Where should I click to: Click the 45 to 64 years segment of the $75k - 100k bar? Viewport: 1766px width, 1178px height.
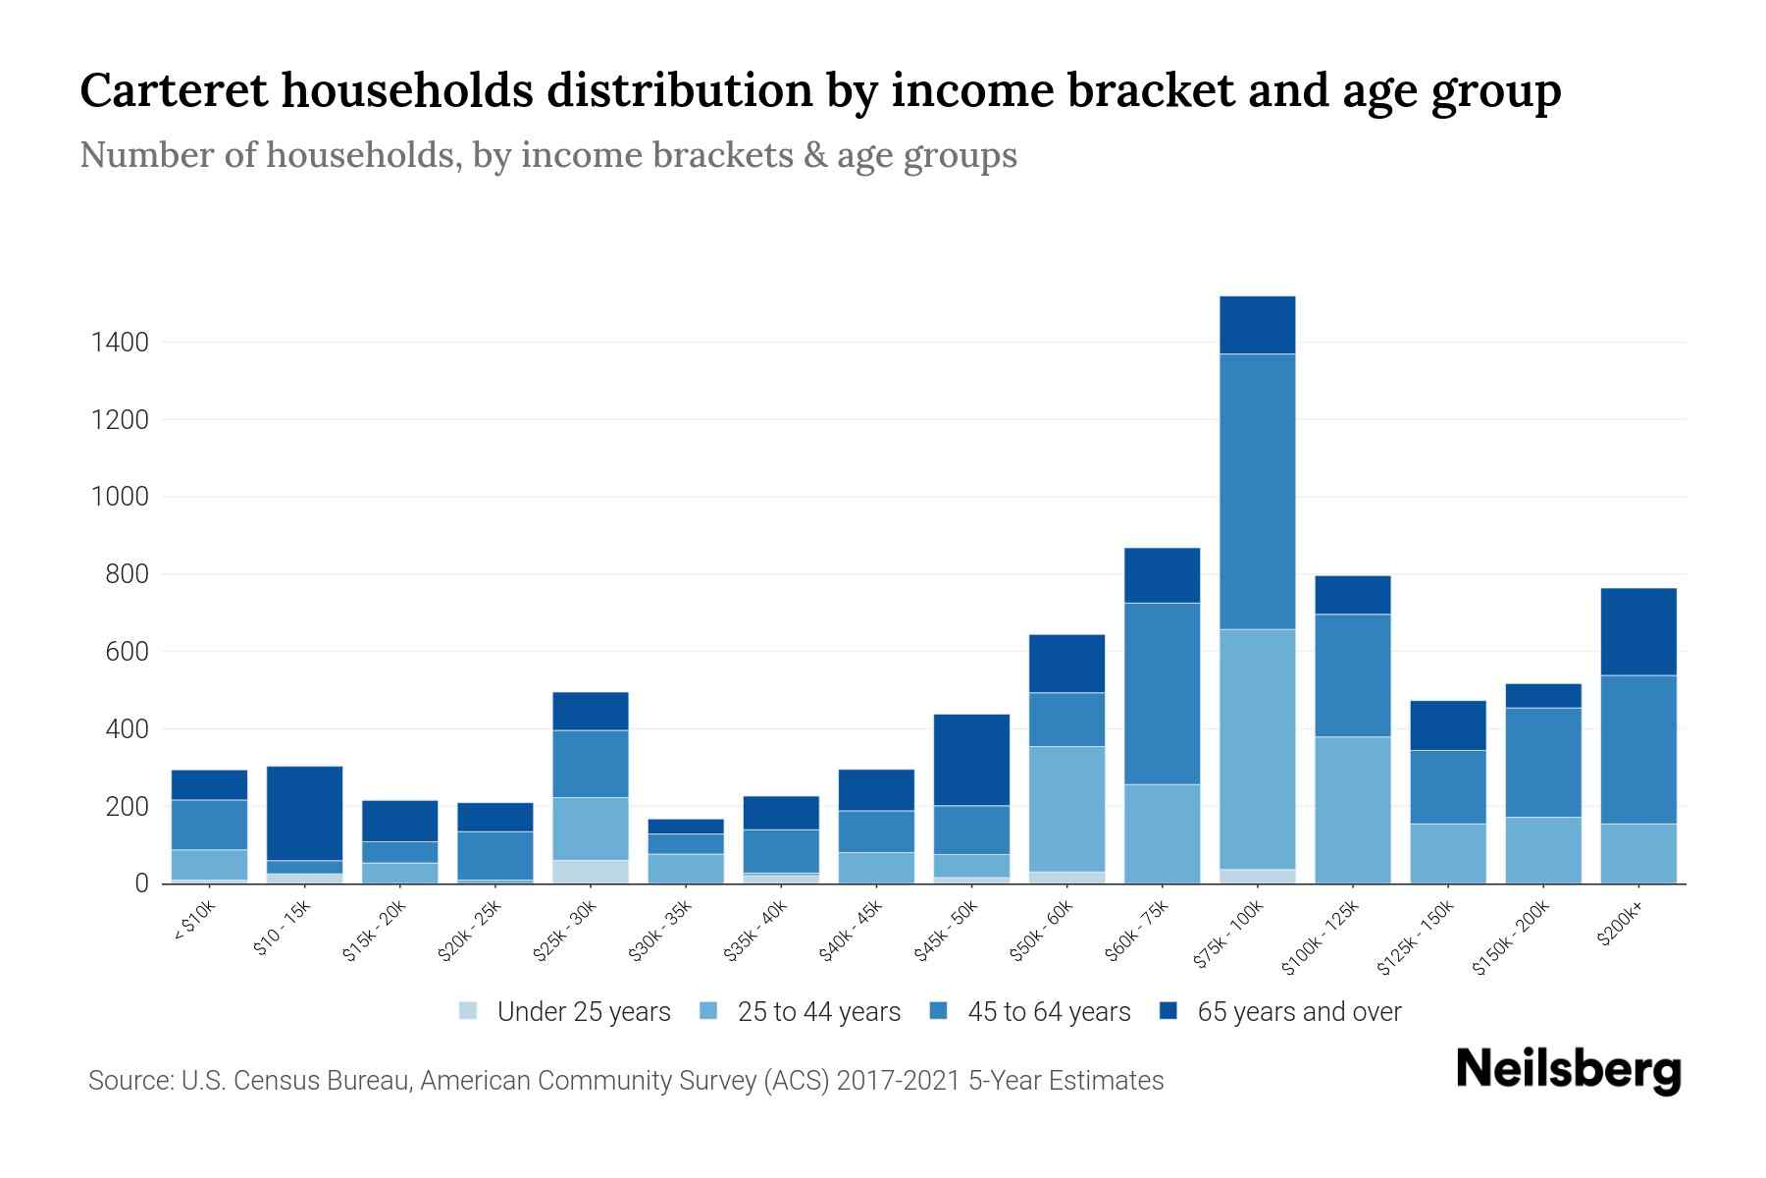point(1257,491)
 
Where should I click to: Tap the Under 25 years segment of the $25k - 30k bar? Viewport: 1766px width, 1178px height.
point(591,872)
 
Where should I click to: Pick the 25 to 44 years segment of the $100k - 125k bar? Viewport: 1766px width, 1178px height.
point(1352,810)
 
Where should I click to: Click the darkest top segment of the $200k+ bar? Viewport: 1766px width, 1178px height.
point(1637,631)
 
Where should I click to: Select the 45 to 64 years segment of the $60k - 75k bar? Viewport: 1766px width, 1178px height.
point(1162,693)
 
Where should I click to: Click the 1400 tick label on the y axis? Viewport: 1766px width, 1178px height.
point(120,343)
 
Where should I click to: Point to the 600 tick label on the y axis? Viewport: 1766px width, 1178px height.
point(128,652)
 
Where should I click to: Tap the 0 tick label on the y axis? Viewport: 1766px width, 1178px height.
point(141,883)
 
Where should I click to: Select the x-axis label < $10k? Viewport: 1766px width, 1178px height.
point(194,923)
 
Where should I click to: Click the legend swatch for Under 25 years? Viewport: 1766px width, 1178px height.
point(469,1010)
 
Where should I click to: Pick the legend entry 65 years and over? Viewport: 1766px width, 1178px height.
point(1298,1012)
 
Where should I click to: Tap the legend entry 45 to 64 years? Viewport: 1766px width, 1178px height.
point(1048,1012)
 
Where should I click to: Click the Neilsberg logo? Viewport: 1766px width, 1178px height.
point(1568,1070)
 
